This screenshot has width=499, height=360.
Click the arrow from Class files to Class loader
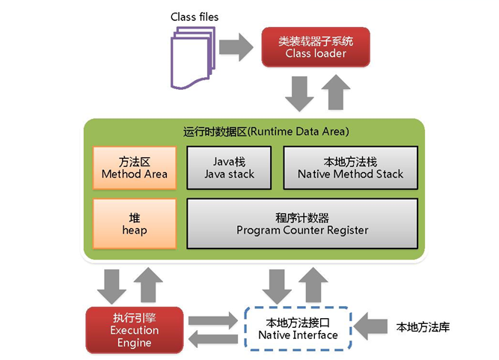pos(239,46)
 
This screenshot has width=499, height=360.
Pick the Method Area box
pos(135,168)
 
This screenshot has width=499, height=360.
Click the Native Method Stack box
pos(350,168)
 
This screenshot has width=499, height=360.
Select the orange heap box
pos(135,224)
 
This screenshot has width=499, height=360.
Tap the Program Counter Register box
pos(301,224)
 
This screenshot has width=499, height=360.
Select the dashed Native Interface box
pos(297,330)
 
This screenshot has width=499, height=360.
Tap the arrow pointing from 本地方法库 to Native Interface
pos(370,328)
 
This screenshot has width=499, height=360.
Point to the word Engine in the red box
pos(135,343)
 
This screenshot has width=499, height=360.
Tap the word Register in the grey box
pos(345,231)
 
